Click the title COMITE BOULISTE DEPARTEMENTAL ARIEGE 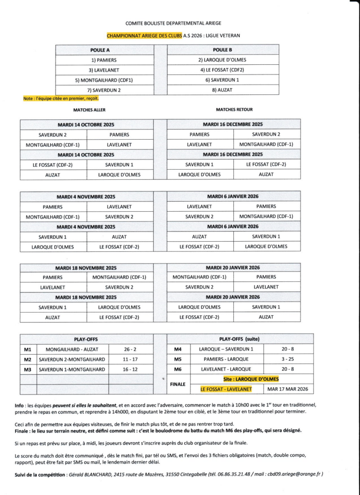click(173, 23)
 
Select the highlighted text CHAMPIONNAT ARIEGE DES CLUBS click(144, 35)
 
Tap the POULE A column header click(100, 50)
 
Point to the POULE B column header click(222, 50)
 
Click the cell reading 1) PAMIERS click(104, 60)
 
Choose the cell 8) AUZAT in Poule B click(222, 90)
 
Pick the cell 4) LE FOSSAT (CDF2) click(222, 70)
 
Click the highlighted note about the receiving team click(61, 99)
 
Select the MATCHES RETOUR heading click(234, 110)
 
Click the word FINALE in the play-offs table click(178, 384)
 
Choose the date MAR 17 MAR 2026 click(288, 389)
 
